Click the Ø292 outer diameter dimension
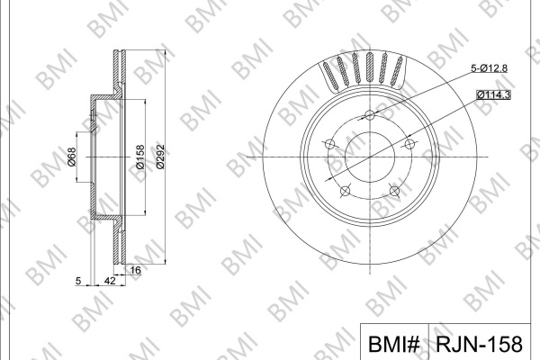tap(160, 157)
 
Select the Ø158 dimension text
tap(140, 157)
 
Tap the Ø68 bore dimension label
tap(72, 157)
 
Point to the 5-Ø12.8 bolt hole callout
tap(489, 68)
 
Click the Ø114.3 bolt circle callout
tap(493, 94)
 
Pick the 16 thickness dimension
tap(136, 270)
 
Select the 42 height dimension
tap(110, 281)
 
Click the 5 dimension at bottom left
tap(78, 281)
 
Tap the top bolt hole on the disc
tap(370, 114)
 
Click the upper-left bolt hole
tap(329, 144)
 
